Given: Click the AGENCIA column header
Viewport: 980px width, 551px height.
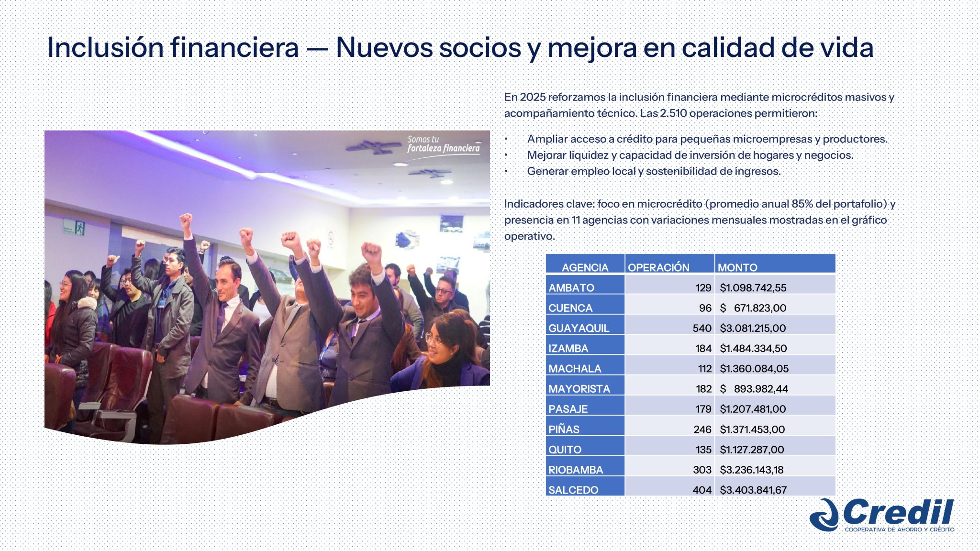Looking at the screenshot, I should pos(585,267).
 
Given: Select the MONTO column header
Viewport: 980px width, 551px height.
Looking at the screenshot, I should pos(737,267).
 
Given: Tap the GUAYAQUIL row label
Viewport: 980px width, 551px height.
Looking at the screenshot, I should pos(579,328).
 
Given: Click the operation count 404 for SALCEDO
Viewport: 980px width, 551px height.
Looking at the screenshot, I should pos(702,490).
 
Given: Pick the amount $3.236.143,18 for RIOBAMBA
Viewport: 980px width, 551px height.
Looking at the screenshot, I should pos(751,470).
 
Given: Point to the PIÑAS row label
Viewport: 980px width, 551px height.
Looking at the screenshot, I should pos(564,429).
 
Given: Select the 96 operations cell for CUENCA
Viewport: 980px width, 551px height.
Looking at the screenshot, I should pos(705,308).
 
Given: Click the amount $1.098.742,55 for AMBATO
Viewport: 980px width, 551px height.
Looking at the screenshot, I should pos(753,287).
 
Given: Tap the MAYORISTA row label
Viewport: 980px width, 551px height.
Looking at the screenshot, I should pos(579,389).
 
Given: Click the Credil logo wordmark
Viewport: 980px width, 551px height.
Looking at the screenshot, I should pos(898,513).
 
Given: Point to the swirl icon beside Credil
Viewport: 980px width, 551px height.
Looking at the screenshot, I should pos(824,515).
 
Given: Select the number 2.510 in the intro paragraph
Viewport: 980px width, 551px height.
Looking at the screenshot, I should pos(673,113).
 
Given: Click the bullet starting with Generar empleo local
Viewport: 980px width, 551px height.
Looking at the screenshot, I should pos(653,171).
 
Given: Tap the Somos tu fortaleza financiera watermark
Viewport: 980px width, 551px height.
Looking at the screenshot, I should pos(443,144).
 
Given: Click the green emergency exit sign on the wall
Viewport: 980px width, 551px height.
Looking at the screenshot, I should pos(75,228).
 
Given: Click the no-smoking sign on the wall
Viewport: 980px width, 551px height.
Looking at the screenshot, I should pos(330,238).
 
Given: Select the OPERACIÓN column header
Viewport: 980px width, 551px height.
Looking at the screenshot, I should pos(658,267).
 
